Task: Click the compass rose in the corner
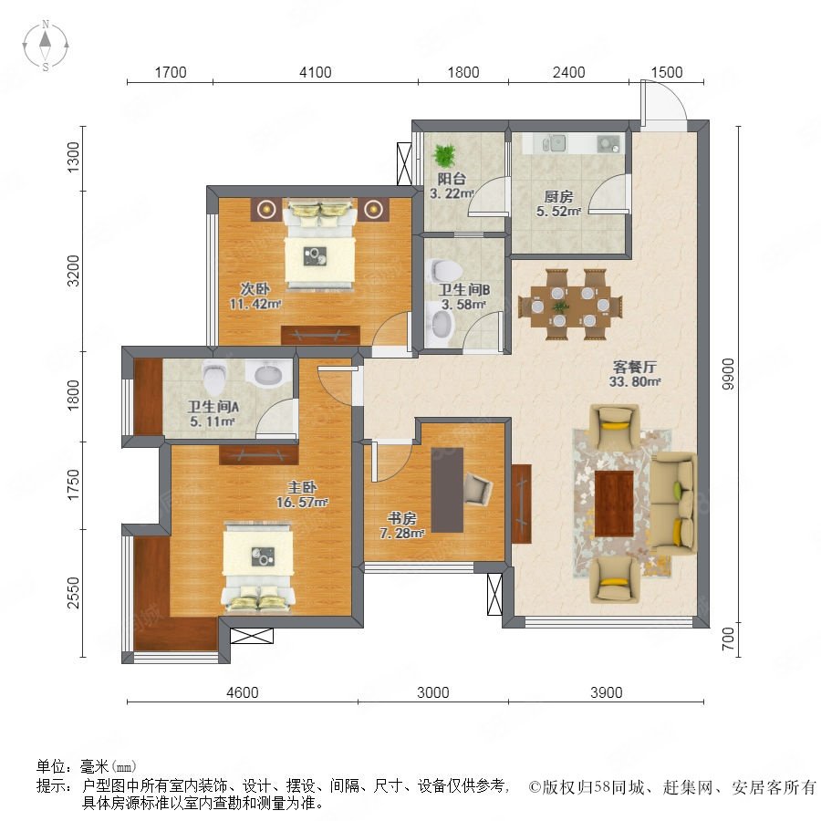click(x=46, y=46)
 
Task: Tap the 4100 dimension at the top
click(x=316, y=72)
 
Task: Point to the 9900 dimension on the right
click(x=728, y=374)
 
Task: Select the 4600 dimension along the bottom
click(x=243, y=692)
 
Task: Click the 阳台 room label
click(x=452, y=179)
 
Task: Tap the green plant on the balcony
click(x=444, y=155)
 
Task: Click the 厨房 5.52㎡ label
click(x=558, y=204)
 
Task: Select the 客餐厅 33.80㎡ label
click(x=635, y=374)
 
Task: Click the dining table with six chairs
click(x=570, y=304)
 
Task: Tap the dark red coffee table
click(x=614, y=504)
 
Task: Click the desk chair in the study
click(x=478, y=489)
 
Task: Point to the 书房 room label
click(x=401, y=519)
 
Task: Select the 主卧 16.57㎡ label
click(x=302, y=494)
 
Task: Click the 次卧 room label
click(x=255, y=288)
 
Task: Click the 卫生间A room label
click(x=213, y=407)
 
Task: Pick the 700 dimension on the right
click(x=728, y=639)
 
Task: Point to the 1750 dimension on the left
click(x=74, y=485)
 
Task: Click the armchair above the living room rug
click(x=614, y=426)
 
